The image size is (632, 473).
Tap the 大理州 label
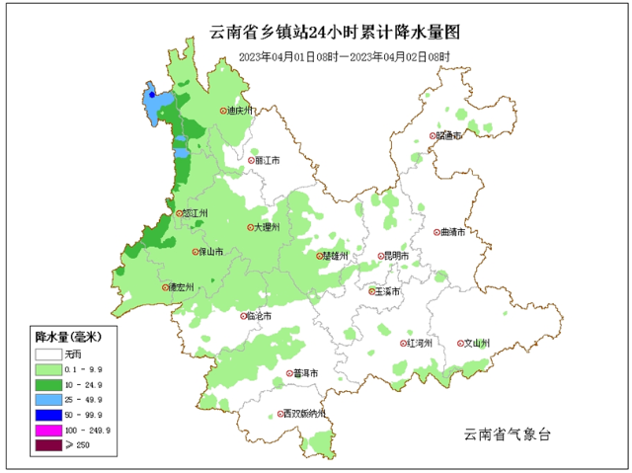[x=267, y=227]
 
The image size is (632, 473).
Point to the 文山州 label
[x=478, y=344]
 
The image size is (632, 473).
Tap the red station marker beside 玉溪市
[x=371, y=292]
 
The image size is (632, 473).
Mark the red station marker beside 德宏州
[x=166, y=287]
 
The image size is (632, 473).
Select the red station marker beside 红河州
[x=403, y=344]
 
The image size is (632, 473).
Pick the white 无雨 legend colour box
[x=46, y=354]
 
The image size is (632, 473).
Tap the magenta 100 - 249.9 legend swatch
[x=46, y=431]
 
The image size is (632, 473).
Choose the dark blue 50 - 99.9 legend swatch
[x=46, y=415]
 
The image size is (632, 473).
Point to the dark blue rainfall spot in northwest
[x=152, y=95]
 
